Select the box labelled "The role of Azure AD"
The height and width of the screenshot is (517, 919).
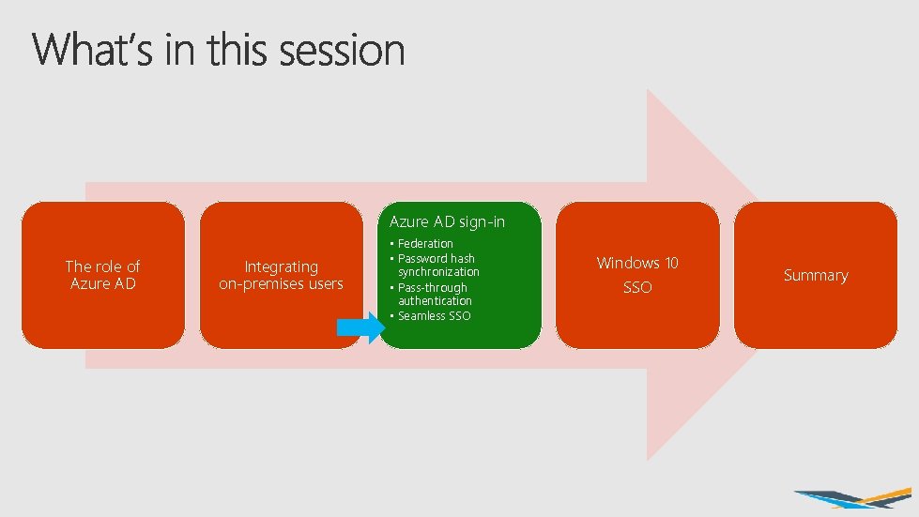point(103,275)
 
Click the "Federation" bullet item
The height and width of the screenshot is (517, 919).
point(425,244)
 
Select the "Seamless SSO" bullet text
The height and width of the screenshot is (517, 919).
point(435,316)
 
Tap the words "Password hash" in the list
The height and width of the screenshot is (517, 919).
point(437,258)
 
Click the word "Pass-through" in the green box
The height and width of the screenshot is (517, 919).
point(432,287)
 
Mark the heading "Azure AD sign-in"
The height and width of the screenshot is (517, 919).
point(447,221)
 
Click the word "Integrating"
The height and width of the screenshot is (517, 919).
point(282,266)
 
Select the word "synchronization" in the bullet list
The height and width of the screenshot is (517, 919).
point(438,272)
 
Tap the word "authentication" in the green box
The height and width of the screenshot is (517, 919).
point(435,301)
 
